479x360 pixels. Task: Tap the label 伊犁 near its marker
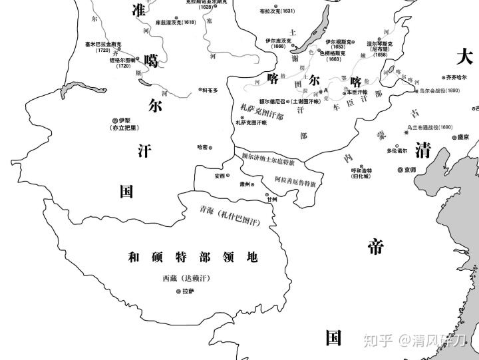[124, 120]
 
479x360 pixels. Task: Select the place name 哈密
[203, 147]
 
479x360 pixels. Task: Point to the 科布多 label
[210, 90]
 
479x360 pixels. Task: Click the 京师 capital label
[413, 170]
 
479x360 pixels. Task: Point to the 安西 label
[220, 176]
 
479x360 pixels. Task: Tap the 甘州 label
[271, 199]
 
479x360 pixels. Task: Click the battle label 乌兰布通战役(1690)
[430, 126]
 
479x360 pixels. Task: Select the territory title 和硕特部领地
[193, 258]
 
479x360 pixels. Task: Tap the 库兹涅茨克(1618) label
[176, 22]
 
